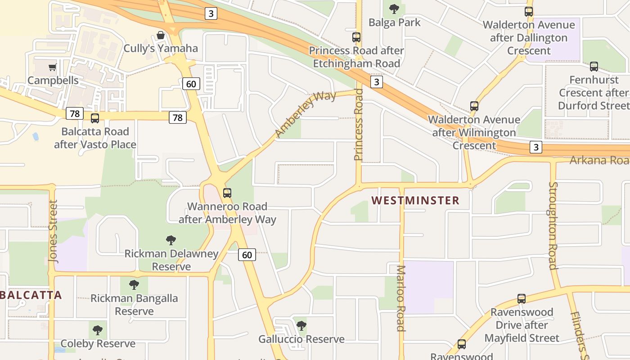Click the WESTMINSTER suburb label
pos(415,201)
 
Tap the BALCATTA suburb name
pos(31,295)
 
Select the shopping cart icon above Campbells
pos(53,67)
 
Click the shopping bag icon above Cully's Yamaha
pos(161,35)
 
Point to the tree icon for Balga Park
pos(394,9)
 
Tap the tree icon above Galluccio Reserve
pos(301,326)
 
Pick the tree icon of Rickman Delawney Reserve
pos(171,240)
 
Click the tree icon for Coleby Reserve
pos(98,330)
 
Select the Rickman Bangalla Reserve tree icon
pos(134,284)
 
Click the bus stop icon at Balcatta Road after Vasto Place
pos(95,118)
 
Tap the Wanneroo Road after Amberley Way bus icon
pos(227,193)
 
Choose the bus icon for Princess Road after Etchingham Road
pos(356,37)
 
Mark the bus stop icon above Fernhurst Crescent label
pos(594,67)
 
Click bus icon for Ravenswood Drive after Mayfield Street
pos(522,298)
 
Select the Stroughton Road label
pos(553,225)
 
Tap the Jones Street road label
pos(53,231)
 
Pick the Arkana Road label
pos(599,161)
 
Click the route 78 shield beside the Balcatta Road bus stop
pos(75,113)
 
